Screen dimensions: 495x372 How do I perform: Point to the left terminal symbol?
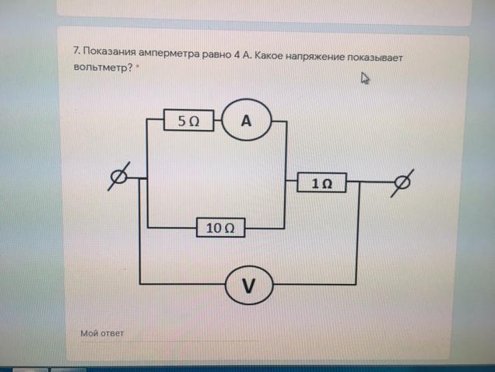coord(119,177)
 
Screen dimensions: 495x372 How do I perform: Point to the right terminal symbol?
coord(402,183)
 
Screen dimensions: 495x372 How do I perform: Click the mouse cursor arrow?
coord(364,78)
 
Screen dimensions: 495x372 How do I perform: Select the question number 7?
coord(76,51)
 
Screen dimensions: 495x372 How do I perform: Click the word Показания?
coord(109,51)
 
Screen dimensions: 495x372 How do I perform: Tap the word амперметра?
coord(169,54)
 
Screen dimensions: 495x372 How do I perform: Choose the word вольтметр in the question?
coord(103,67)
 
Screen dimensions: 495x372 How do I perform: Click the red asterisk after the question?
coord(138,66)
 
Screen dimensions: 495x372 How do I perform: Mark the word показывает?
coord(375,58)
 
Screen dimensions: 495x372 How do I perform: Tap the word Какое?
coord(269,55)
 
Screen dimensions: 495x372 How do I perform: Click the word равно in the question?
coord(216,54)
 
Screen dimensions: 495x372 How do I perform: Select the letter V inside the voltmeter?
coord(248,286)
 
